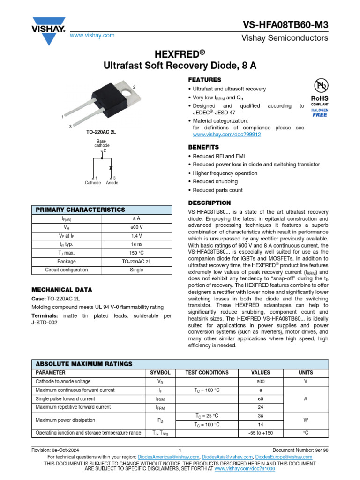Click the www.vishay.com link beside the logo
(x=92, y=36)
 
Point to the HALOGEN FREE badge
(x=320, y=112)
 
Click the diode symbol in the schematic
(x=111, y=167)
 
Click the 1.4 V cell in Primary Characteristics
(x=134, y=236)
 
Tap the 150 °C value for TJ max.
(x=134, y=253)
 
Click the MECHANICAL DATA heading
(x=61, y=290)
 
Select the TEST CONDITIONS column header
(x=207, y=373)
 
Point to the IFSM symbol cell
(x=160, y=399)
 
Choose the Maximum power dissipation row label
(x=65, y=420)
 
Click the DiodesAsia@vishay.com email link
(x=227, y=457)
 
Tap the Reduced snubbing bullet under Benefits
(x=215, y=181)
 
